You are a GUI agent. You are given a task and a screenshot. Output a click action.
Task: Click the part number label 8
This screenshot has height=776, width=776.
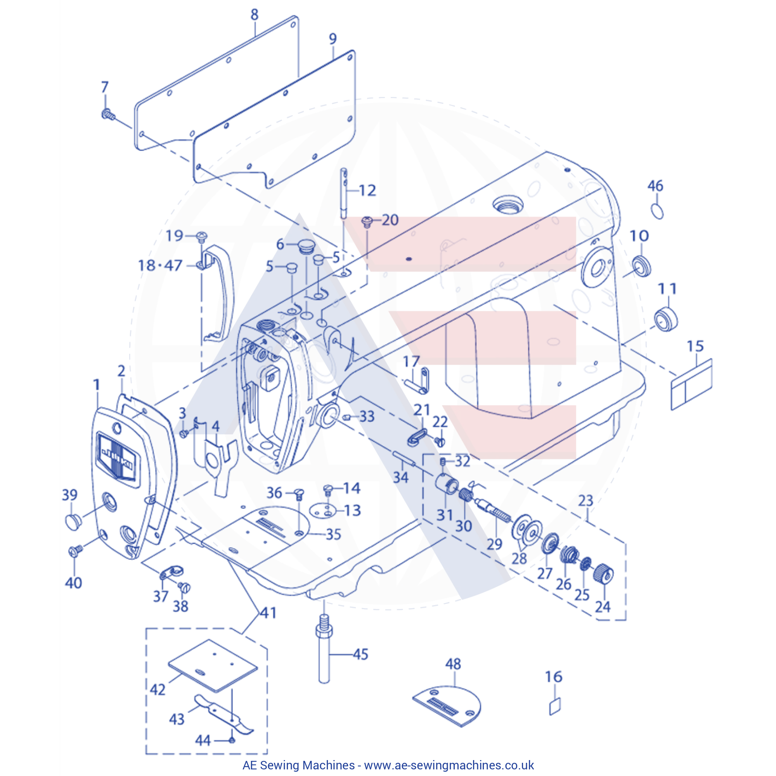pos(254,15)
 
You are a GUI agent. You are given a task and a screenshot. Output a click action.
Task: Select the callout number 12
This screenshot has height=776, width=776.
pos(367,191)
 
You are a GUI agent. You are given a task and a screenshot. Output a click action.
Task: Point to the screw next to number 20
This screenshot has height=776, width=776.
pos(367,221)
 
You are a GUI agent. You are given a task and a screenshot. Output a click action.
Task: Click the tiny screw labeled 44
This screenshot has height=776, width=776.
pos(232,740)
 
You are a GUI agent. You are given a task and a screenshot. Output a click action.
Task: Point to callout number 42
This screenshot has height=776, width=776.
pos(158,689)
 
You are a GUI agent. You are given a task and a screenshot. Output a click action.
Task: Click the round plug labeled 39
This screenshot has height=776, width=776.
pos(73,521)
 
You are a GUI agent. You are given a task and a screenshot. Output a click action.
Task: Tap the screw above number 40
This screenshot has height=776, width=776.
pos(75,551)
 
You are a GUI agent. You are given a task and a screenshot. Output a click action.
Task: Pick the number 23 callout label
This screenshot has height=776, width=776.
pos(585,501)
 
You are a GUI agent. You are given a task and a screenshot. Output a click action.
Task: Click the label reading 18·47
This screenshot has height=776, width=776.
pos(160,265)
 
